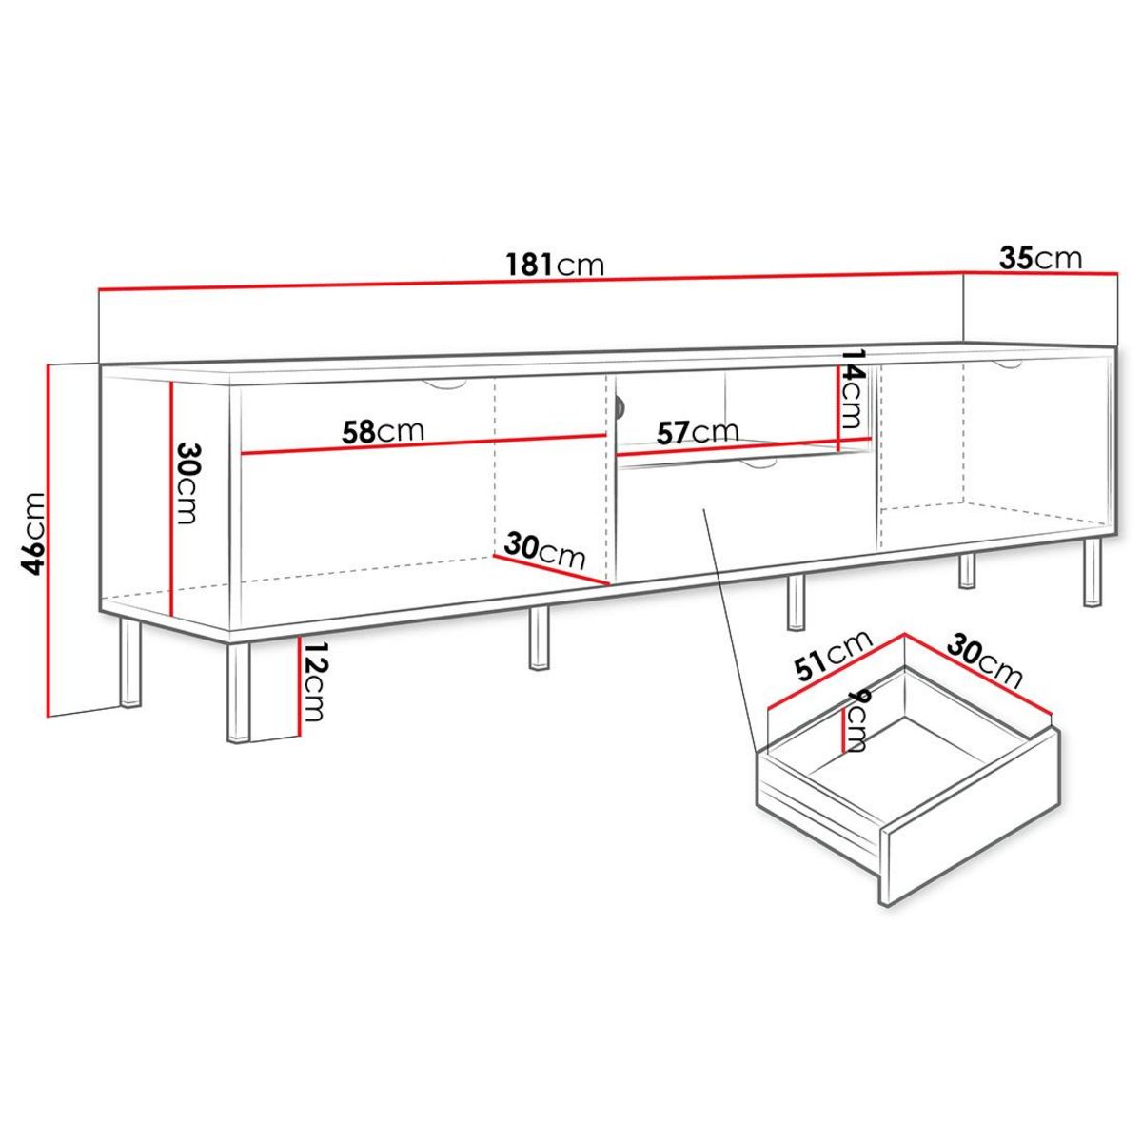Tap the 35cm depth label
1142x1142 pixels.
click(1040, 257)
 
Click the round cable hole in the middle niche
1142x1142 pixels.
click(619, 407)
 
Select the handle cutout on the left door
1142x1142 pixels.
click(443, 384)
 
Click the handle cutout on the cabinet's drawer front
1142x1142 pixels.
click(757, 463)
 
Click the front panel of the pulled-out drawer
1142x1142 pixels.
click(971, 818)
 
